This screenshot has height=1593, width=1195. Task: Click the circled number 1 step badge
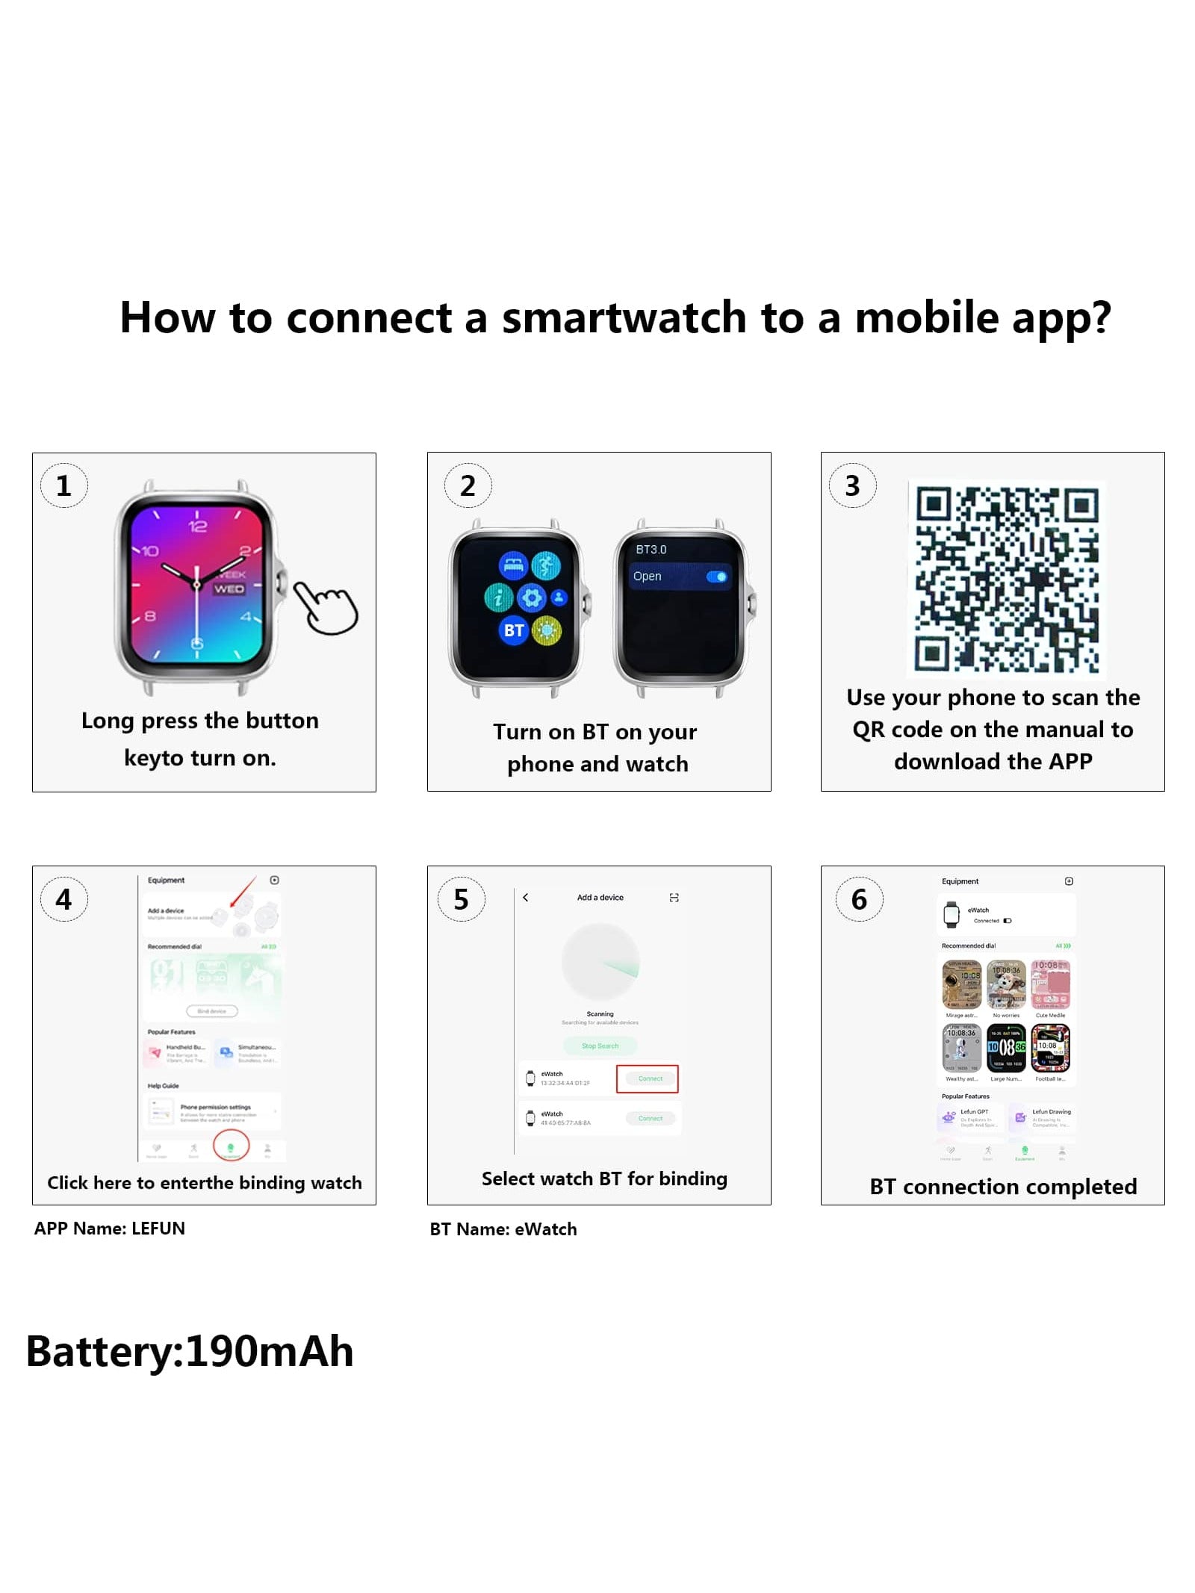63,485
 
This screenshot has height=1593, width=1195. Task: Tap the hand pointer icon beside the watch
326,607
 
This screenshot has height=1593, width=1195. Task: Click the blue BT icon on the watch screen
513,630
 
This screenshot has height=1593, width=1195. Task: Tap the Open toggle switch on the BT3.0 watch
716,577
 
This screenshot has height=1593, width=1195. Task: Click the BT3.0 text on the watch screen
651,549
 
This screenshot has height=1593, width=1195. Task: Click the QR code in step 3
1006,579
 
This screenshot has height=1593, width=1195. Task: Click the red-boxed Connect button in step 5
647,1078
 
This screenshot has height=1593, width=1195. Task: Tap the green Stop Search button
600,1046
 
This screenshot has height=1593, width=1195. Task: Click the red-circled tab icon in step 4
231,1146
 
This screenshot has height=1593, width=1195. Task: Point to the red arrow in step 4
243,893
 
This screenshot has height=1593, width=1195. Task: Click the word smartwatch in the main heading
624,317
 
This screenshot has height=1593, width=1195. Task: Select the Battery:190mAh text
190,1352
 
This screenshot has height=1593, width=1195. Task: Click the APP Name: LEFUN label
109,1229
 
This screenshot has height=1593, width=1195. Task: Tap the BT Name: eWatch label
503,1229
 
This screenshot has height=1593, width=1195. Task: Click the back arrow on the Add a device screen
526,897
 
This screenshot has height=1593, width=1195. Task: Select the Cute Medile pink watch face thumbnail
1050,984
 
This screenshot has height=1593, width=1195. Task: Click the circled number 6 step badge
859,899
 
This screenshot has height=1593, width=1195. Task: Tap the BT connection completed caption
1002,1187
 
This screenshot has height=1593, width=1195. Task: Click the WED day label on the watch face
229,589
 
